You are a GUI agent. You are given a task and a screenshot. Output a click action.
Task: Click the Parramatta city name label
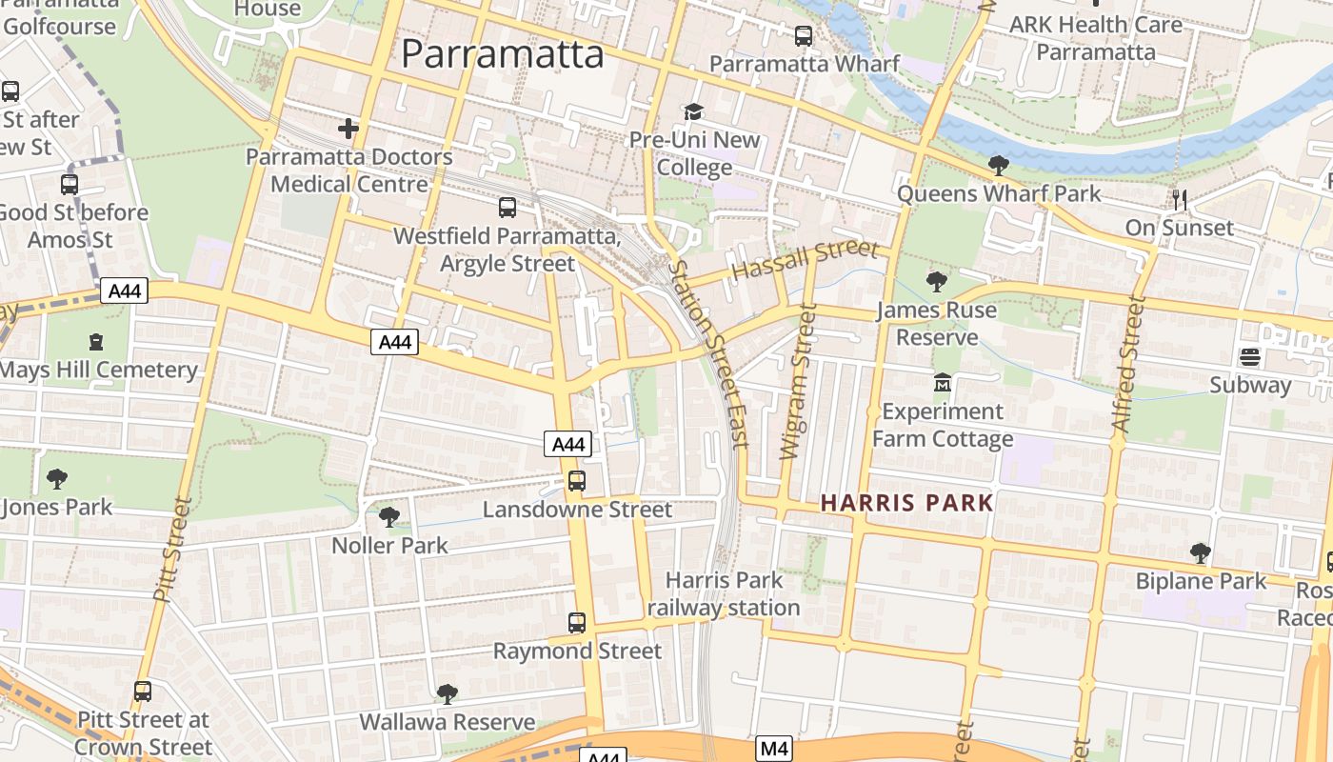point(502,53)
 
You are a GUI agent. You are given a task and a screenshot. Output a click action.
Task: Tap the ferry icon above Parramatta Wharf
point(804,36)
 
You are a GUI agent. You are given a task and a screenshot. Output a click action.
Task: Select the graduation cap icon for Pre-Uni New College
point(693,112)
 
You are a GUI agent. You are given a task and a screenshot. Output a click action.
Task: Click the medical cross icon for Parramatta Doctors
point(348,128)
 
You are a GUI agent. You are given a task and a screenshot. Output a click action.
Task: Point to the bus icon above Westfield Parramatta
point(507,207)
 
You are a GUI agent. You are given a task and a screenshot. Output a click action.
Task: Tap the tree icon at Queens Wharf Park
point(998,166)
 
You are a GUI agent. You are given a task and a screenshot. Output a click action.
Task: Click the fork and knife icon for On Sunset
point(1180,199)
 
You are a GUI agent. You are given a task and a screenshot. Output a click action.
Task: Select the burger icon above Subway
point(1250,357)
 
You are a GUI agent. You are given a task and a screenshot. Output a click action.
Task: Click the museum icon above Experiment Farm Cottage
point(942,383)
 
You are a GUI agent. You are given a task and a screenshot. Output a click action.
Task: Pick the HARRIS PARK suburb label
point(906,503)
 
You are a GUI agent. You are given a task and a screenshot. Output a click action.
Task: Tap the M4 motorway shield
point(774,750)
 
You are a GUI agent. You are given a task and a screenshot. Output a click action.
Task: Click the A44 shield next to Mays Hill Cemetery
point(127,291)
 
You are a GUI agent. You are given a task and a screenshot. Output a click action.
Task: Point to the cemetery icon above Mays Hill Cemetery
point(96,341)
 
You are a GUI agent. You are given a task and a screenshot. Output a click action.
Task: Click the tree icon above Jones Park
point(56,478)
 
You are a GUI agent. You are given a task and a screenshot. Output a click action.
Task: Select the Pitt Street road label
point(172,549)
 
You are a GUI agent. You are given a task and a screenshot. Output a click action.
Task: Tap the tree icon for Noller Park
point(388,517)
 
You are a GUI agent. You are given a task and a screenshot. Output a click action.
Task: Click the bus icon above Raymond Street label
point(576,623)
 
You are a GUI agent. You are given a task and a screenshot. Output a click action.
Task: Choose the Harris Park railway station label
point(724,593)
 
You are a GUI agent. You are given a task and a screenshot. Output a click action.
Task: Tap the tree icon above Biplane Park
point(1200,552)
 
